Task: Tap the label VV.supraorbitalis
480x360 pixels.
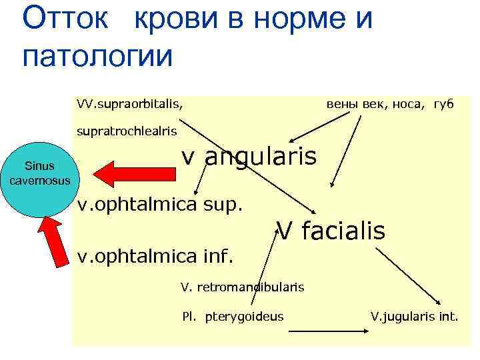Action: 130,104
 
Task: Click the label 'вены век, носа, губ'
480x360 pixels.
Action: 390,104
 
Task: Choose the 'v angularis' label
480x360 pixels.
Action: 249,159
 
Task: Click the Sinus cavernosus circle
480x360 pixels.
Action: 40,173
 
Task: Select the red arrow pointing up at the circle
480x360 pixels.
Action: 56,243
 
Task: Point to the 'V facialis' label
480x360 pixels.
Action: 331,231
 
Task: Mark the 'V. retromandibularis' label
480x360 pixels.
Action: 242,287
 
